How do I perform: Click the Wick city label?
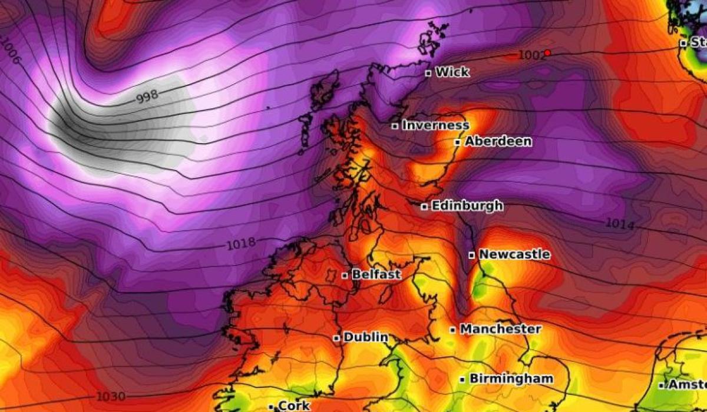[452, 72]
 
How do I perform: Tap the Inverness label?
[436, 125]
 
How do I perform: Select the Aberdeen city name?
[498, 141]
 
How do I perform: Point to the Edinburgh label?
[467, 205]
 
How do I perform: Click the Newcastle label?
[515, 254]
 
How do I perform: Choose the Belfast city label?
[376, 274]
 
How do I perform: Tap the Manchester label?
[500, 329]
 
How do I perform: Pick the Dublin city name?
[366, 337]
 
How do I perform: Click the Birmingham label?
[511, 378]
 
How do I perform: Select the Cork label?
[294, 406]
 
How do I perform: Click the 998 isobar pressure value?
[147, 98]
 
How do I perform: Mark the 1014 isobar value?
[620, 224]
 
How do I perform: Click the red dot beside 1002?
[547, 53]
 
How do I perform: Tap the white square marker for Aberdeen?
[457, 142]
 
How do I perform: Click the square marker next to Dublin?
[336, 338]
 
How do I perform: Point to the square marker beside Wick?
[428, 73]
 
